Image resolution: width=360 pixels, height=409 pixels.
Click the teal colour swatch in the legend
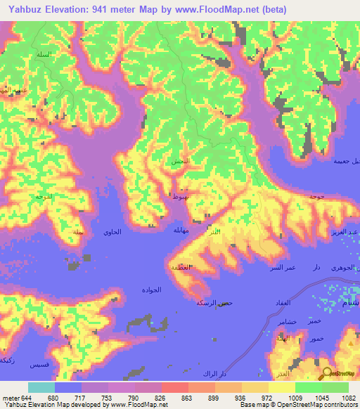tap(41, 387)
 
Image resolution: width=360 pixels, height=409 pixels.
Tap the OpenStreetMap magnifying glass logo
tap(328, 375)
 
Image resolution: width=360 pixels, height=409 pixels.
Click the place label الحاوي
tap(112, 232)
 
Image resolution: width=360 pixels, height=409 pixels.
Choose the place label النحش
tap(181, 162)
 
